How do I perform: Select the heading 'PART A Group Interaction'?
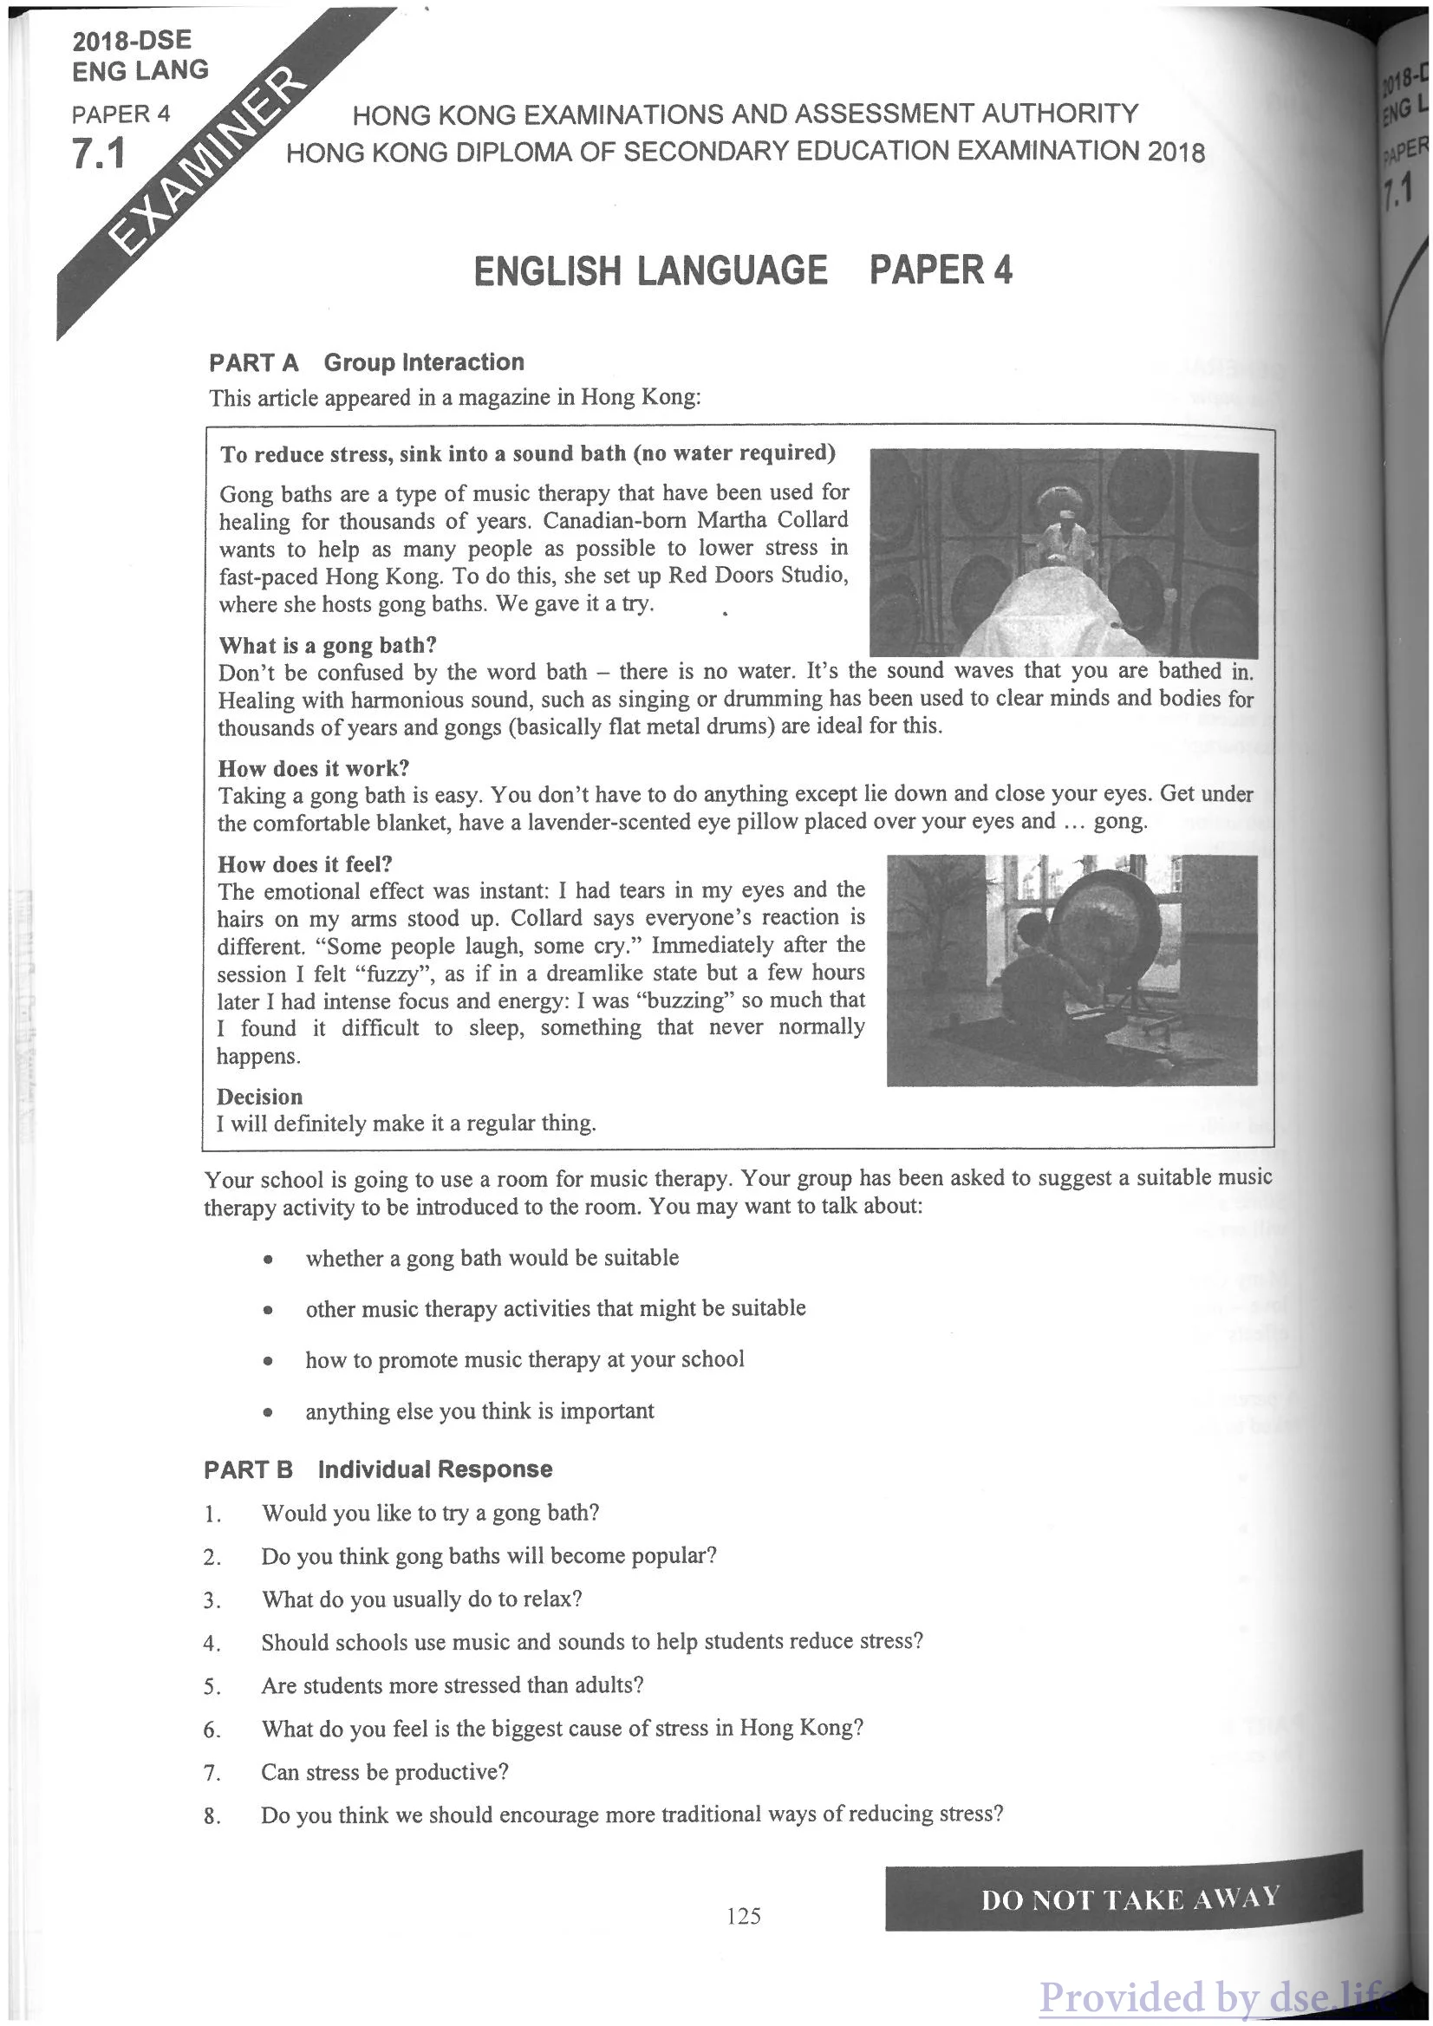point(366,362)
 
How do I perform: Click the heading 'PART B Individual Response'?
point(378,1469)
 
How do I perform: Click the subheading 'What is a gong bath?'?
point(328,645)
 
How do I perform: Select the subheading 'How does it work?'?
point(313,768)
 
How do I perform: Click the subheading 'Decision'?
point(259,1097)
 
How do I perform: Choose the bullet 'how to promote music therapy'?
point(524,1360)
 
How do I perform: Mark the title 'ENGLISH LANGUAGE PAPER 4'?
point(743,270)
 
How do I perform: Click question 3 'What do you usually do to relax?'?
point(421,1599)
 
